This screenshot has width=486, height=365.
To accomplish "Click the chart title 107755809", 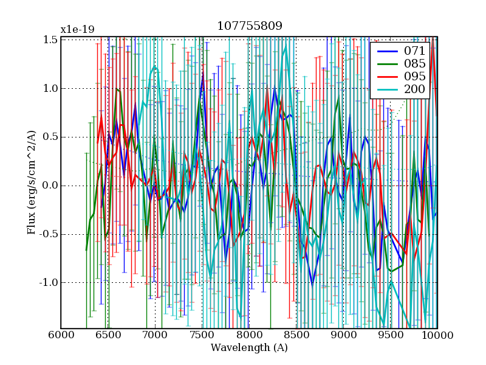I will click(x=249, y=26).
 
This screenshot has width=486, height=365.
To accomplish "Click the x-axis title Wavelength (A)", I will click(x=249, y=347).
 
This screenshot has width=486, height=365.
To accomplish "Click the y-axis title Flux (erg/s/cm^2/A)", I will click(x=32, y=182).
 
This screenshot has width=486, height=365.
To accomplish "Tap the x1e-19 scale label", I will click(x=77, y=30).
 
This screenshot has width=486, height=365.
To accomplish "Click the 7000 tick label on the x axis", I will click(x=155, y=335).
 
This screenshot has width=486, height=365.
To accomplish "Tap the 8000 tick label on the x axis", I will click(x=249, y=335).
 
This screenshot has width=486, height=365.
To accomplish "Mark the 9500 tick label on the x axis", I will click(x=390, y=335).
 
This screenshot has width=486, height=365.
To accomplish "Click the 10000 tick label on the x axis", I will click(x=436, y=335).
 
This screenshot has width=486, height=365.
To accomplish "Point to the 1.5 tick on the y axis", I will click(x=51, y=40).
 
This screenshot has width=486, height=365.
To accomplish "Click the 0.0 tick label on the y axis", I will click(x=51, y=186).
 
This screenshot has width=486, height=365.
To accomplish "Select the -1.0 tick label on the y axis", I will click(x=49, y=283).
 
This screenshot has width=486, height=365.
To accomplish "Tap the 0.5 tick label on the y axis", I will click(x=51, y=137).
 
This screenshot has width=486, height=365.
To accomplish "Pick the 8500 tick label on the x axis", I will click(x=296, y=335).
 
